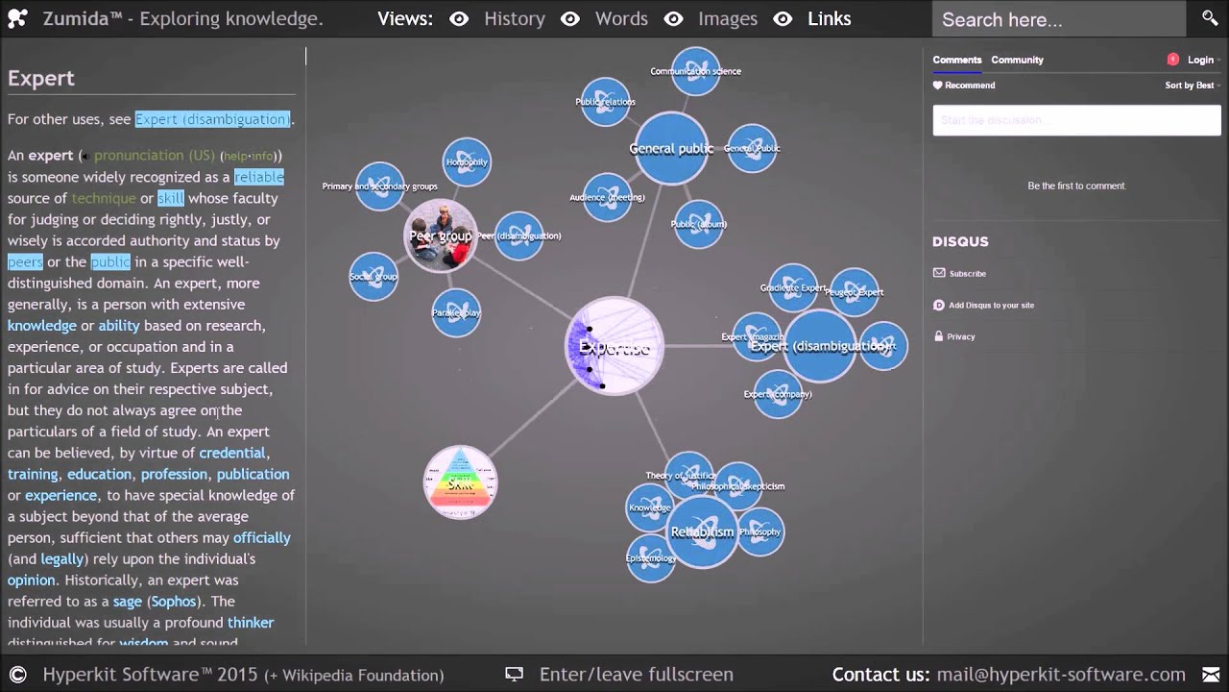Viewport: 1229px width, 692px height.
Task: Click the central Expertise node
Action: point(614,347)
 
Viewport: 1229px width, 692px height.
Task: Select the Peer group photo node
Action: point(441,236)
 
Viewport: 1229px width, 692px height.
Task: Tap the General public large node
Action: point(671,148)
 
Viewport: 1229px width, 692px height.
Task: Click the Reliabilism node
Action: point(702,531)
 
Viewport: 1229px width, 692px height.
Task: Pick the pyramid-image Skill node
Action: point(460,482)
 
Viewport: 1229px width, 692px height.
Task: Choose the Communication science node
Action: point(695,71)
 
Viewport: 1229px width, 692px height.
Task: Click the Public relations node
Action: point(605,102)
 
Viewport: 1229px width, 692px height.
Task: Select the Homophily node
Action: point(467,162)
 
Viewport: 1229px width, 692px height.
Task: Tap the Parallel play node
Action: point(456,312)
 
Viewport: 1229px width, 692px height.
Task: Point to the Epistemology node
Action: point(650,558)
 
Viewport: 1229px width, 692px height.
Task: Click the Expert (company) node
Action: point(778,394)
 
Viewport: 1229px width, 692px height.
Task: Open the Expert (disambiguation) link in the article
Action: point(212,119)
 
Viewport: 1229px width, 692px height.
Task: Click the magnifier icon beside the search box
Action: point(1210,18)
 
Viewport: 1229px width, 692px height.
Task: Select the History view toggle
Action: point(514,18)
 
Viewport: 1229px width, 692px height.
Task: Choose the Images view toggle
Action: point(727,18)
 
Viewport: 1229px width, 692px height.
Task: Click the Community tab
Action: point(1017,60)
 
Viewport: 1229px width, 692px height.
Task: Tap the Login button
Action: point(1200,60)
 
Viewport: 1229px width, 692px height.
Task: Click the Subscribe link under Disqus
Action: point(967,274)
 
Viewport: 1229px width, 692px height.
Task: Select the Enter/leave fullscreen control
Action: point(636,675)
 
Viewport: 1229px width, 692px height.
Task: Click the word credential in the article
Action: point(231,453)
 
